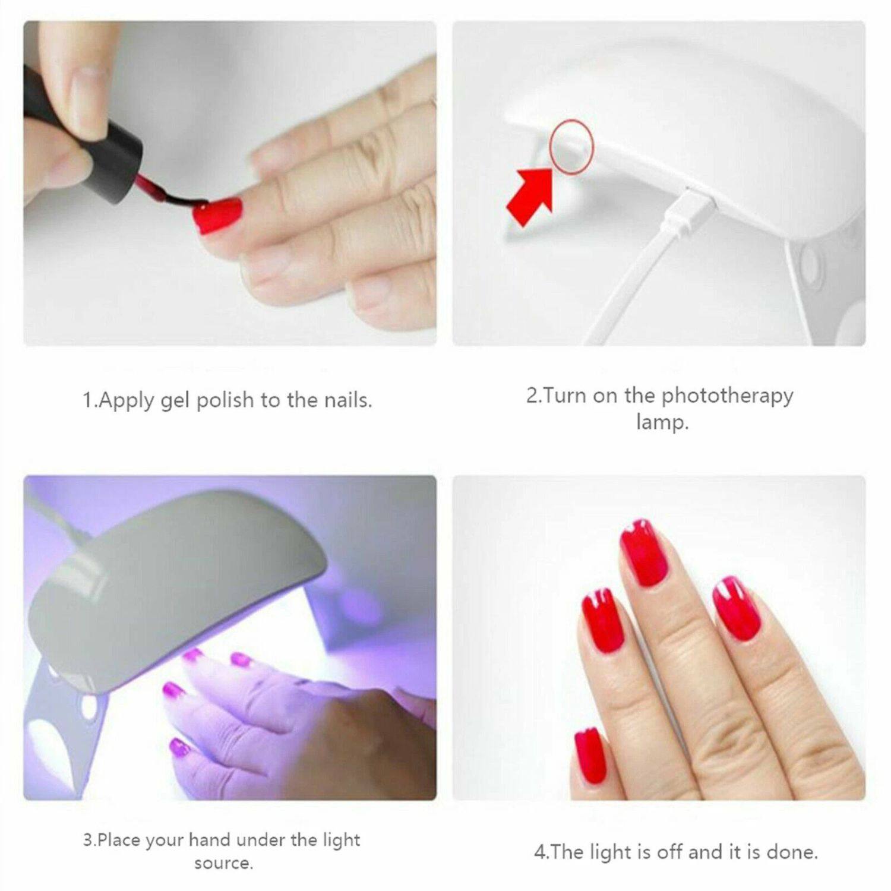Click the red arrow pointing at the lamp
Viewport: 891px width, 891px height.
530,195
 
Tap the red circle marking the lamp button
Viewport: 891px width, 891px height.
571,146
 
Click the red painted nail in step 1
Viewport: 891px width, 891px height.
219,211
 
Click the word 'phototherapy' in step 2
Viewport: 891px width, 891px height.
727,396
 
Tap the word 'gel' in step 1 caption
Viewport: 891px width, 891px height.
175,401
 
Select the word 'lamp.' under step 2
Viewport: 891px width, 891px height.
662,422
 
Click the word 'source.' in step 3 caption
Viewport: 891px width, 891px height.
223,863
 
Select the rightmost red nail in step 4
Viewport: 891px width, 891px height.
737,609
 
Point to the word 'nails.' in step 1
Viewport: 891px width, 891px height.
347,401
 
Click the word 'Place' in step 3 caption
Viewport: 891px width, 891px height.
119,840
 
